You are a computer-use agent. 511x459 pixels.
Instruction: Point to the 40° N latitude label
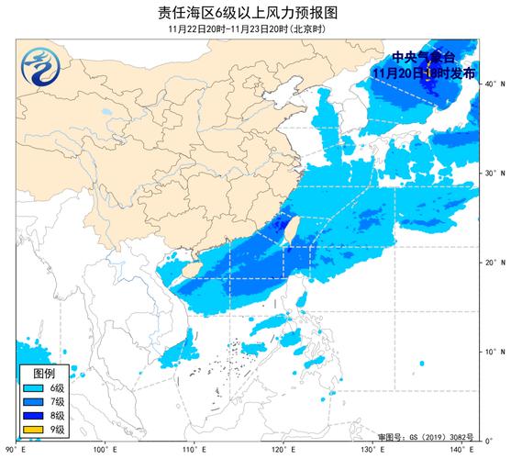[494, 84]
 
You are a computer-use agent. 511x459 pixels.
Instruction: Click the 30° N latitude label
[494, 174]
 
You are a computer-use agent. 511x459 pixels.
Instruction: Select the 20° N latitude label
[494, 263]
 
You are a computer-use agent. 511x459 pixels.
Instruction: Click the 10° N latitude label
[494, 352]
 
